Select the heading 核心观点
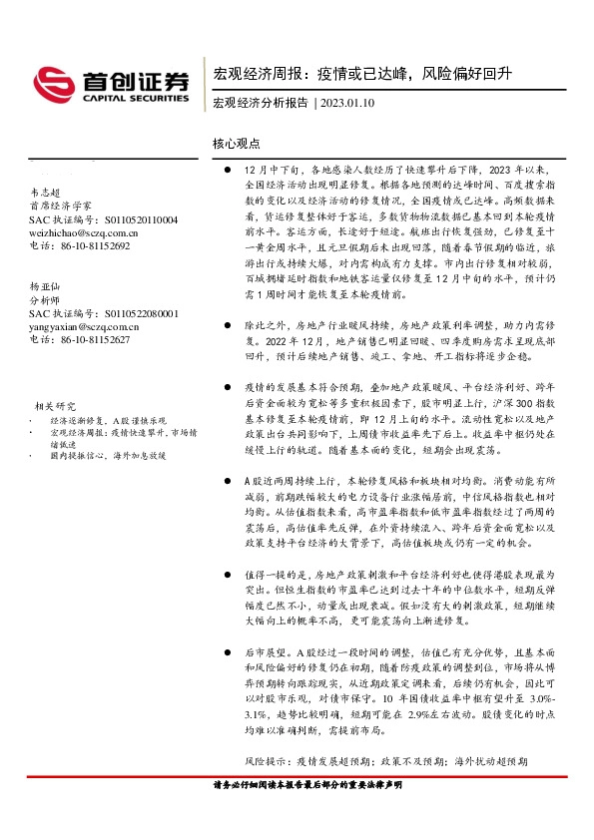[x=237, y=144]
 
